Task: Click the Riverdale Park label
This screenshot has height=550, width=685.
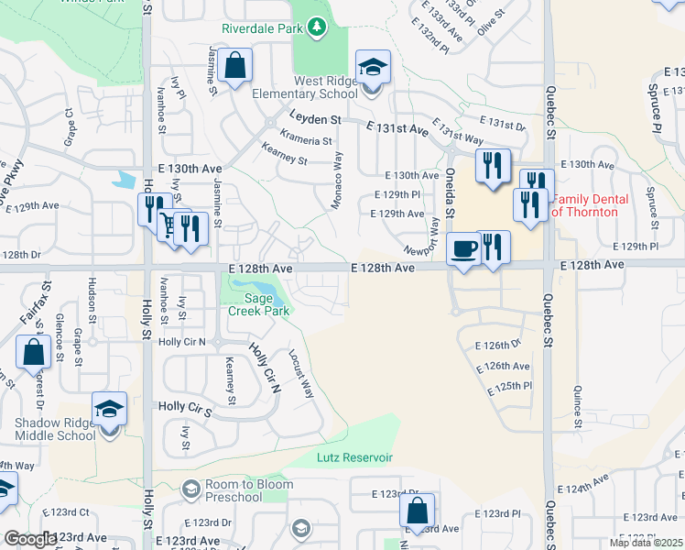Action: coord(262,28)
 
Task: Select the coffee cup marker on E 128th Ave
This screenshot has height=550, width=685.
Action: coord(464,247)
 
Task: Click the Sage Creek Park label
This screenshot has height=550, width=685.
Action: coord(259,304)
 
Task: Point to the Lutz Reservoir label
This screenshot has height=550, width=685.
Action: coord(354,457)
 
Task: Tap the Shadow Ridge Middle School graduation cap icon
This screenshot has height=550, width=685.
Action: coord(110,409)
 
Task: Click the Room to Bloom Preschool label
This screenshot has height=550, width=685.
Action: coord(233,491)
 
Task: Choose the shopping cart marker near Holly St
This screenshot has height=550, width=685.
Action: coord(169,225)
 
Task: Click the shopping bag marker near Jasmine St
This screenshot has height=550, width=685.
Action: coord(235,66)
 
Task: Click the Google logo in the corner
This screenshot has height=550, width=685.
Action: coord(29,539)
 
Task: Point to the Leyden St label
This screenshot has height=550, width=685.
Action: coord(315,119)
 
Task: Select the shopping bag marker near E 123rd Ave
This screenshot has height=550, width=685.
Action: coord(417,511)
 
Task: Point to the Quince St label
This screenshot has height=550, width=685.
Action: coord(578,402)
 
